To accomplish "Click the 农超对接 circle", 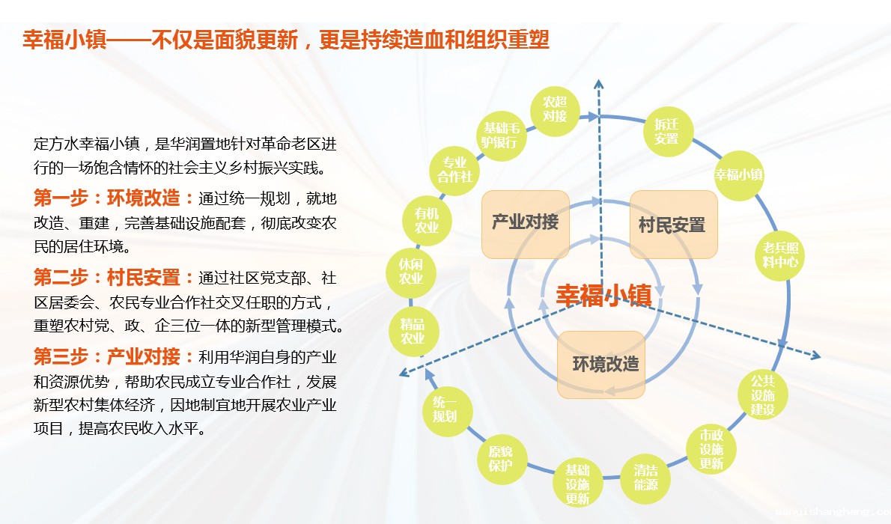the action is [555, 110].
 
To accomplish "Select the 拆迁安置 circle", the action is [667, 132].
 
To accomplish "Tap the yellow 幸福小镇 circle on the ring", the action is [739, 175].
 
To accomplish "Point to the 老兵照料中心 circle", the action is [779, 255].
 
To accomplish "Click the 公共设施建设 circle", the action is [762, 394].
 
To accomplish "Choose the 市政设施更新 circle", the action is [711, 450].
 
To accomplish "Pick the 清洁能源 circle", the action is [645, 478].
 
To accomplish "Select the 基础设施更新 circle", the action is [577, 483].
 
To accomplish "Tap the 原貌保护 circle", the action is [501, 459].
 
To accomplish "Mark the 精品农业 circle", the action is [413, 332].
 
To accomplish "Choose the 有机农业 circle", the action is [427, 221].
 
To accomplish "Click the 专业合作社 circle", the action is [454, 170].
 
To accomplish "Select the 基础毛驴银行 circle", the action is [500, 135].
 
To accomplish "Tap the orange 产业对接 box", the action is [525, 224].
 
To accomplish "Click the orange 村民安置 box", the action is [673, 224].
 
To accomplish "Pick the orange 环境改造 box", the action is [601, 365].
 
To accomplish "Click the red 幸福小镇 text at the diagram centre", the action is [603, 295].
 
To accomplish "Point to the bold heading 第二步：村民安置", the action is [107, 277].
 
